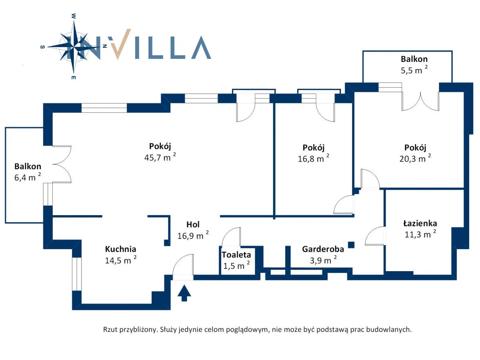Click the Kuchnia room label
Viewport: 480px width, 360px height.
click(x=120, y=249)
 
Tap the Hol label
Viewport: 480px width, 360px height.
click(x=193, y=224)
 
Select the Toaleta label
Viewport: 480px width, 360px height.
click(x=236, y=254)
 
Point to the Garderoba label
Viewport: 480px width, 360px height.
click(x=323, y=249)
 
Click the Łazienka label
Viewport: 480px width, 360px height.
click(x=420, y=224)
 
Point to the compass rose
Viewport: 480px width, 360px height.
click(x=74, y=46)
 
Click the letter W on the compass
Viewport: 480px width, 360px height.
click(x=74, y=16)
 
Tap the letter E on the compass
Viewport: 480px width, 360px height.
click(x=74, y=77)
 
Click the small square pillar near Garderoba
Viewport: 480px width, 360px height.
click(x=351, y=244)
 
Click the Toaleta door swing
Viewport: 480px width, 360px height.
click(x=231, y=237)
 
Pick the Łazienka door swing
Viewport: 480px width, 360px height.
click(x=375, y=236)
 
